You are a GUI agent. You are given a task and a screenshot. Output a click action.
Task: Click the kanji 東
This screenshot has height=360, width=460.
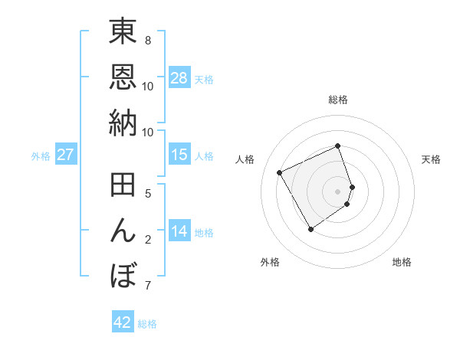pos(123,34)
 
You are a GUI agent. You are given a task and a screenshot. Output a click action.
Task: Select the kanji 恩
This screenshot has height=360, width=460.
pos(123,78)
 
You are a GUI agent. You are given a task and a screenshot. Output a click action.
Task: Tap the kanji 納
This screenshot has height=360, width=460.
pos(123,122)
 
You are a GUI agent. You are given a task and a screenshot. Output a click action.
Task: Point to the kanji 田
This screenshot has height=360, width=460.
pos(123,188)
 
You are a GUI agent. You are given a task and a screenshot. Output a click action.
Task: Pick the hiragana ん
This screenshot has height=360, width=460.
pos(123,231)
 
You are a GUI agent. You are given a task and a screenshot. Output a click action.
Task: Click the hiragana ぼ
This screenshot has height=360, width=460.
pos(123,275)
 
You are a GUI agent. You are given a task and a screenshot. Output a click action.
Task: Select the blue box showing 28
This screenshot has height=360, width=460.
pos(179,78)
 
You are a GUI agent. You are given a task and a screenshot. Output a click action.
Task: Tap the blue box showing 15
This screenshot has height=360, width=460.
pos(179,155)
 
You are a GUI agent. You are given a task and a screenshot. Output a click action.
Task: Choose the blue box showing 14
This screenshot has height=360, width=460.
pos(179,232)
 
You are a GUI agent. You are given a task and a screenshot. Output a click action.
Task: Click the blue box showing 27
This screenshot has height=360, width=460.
pos(65,155)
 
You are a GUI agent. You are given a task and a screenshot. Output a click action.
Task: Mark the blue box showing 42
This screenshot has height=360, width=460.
pos(123,322)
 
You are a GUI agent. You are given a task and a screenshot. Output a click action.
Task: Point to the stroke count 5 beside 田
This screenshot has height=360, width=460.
pos(148,195)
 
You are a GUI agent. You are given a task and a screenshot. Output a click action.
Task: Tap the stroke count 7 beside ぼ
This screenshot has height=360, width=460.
pos(148,286)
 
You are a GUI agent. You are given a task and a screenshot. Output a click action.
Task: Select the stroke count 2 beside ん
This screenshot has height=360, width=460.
pos(148,240)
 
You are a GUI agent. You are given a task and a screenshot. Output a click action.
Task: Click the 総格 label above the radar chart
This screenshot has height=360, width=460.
pos(338,100)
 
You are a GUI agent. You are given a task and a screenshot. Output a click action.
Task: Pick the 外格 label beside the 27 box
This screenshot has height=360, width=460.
pos(41,156)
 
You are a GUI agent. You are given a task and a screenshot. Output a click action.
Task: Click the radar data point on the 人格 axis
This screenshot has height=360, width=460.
pos(280,172)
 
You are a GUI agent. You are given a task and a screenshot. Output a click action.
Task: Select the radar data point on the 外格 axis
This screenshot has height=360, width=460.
pos(310,229)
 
